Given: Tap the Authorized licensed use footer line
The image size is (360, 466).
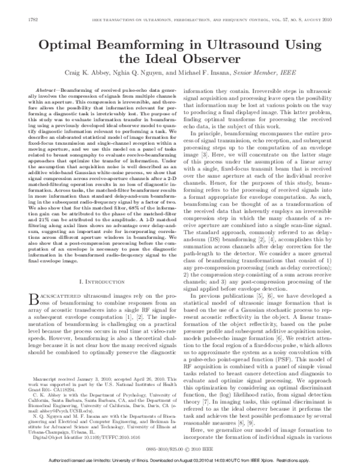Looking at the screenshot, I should click(180, 461).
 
